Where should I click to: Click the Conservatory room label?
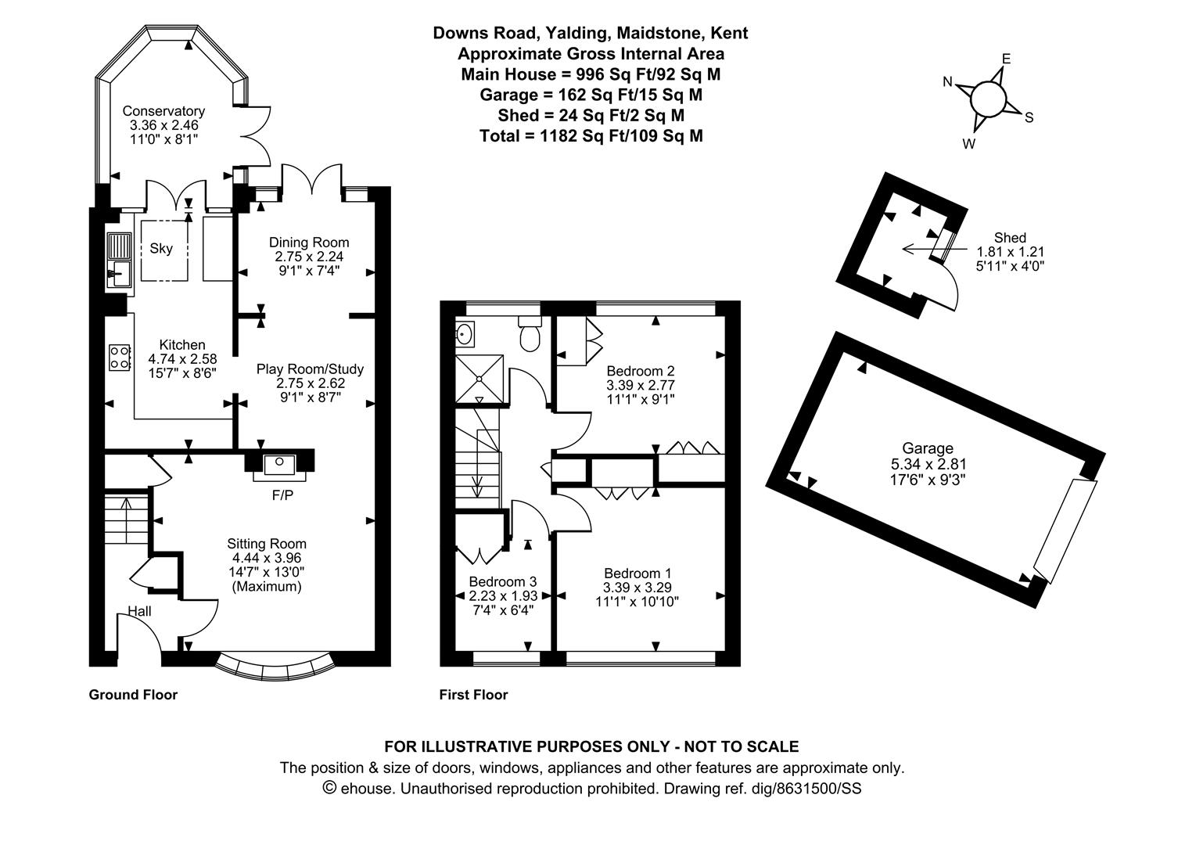tap(163, 111)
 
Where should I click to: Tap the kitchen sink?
tap(119, 260)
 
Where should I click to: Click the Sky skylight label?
tap(161, 248)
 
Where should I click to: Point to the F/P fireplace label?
tap(282, 496)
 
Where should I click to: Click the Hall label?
tap(139, 611)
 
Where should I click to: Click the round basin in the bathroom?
tap(463, 334)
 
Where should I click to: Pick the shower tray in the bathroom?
tap(479, 378)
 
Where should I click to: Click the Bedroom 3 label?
tap(503, 581)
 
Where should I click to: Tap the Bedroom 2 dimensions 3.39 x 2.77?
tap(641, 385)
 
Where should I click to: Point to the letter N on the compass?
tap(948, 81)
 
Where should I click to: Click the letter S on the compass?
tap(1029, 118)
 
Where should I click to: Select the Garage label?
tap(928, 448)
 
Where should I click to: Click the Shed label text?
tap(1010, 238)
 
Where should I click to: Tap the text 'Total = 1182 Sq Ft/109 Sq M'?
tap(591, 136)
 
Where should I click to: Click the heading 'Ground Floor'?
tap(133, 695)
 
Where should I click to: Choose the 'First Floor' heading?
tap(473, 695)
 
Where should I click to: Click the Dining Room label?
tap(309, 243)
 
